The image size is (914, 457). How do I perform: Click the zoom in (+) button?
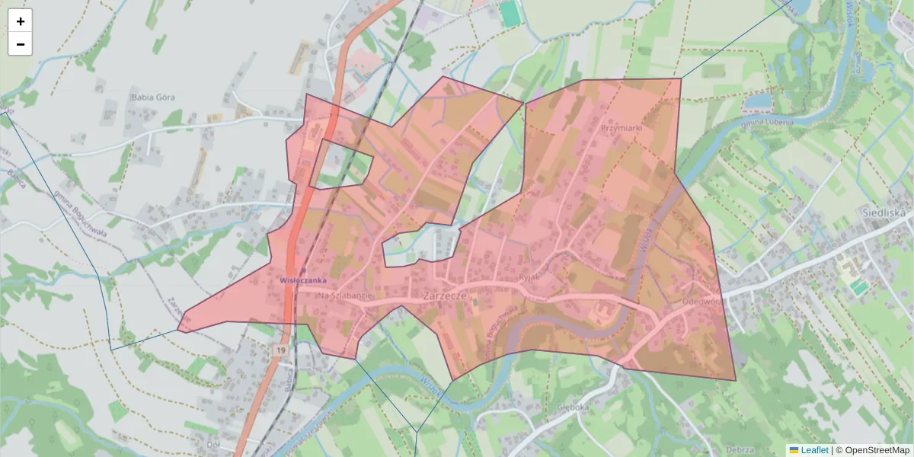21,21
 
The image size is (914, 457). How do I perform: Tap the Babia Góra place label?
153,97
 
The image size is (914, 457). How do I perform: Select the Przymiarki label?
622,128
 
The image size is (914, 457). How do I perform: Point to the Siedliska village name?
886,213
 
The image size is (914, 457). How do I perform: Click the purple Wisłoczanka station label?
303,280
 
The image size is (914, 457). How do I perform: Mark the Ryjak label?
529,277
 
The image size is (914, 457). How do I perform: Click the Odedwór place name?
701,302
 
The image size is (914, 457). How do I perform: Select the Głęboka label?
574,407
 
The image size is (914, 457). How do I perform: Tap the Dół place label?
213,443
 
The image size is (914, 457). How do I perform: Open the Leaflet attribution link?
814,450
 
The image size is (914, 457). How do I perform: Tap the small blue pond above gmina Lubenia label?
757,101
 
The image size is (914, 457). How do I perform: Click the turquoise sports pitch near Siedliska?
859,287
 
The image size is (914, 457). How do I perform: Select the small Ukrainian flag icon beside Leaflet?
794,450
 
